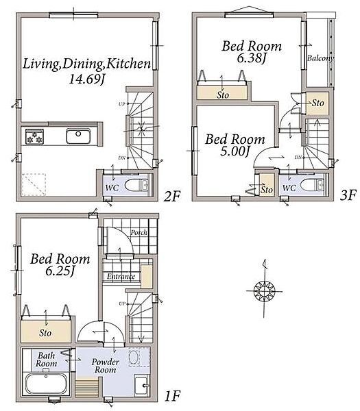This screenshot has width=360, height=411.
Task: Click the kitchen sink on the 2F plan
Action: click(78, 136)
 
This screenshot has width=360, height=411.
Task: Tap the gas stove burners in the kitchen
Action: click(35, 136)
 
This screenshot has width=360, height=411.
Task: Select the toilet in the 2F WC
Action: click(136, 186)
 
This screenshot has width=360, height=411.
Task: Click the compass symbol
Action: click(264, 290)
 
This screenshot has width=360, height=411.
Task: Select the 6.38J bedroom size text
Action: click(252, 58)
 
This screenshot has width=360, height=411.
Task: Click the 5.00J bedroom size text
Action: click(235, 151)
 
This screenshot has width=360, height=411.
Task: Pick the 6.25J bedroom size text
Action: click(60, 271)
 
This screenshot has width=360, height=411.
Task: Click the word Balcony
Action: click(320, 58)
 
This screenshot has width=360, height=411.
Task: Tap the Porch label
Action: click(139, 232)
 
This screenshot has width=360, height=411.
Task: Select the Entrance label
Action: click(121, 276)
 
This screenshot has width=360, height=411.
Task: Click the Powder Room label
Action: click(105, 366)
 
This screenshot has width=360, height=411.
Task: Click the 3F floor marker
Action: click(348, 195)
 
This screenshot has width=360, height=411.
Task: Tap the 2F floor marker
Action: click(172, 196)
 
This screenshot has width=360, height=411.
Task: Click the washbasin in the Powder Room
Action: click(142, 385)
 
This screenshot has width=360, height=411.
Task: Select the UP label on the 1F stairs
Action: click(122, 303)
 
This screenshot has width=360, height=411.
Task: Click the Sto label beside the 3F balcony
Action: click(317, 103)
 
